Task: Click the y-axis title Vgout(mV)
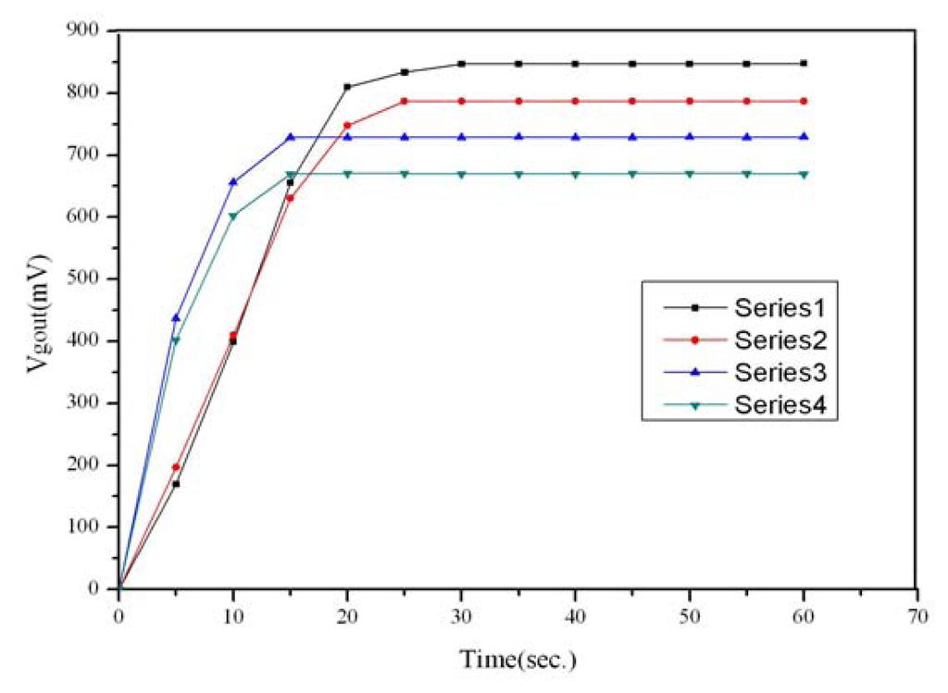pos(38,308)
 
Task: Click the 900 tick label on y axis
pos(86,31)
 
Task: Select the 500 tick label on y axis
pos(86,278)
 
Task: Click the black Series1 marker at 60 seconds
pos(804,64)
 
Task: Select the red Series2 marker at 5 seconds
pos(176,466)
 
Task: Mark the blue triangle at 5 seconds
pos(176,317)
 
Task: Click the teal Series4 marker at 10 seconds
pos(232,217)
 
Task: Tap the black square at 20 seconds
pos(347,87)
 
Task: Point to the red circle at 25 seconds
pos(405,101)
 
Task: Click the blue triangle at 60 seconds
pos(804,137)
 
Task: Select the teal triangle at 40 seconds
pos(575,174)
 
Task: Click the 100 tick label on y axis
pos(86,526)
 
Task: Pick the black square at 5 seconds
pos(176,484)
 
